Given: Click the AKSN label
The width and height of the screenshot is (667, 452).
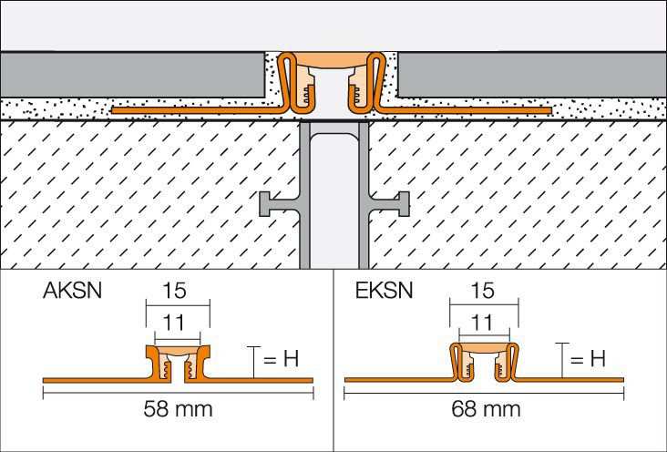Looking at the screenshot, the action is (72, 291).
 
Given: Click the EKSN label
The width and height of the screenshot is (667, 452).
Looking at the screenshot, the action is (385, 291).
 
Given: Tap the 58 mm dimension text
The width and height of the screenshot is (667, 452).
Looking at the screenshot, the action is (178, 409).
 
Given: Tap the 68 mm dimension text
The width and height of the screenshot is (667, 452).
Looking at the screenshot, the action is (486, 409).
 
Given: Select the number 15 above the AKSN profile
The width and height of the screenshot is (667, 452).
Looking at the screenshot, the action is (174, 291).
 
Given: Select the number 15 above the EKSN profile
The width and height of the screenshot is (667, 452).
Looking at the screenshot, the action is (482, 291).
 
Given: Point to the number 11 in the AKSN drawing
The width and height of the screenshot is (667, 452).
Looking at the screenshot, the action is (174, 323).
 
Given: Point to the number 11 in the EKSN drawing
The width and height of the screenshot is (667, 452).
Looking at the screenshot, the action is (482, 323).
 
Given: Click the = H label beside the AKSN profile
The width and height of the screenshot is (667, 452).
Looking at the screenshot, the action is (282, 360).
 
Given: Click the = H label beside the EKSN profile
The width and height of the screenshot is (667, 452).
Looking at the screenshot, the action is (588, 360).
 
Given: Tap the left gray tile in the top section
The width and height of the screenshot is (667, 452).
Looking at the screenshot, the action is (132, 75).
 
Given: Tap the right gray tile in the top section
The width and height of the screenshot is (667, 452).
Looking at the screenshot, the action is (532, 75).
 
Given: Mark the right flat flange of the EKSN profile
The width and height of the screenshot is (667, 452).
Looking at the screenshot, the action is (570, 380).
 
